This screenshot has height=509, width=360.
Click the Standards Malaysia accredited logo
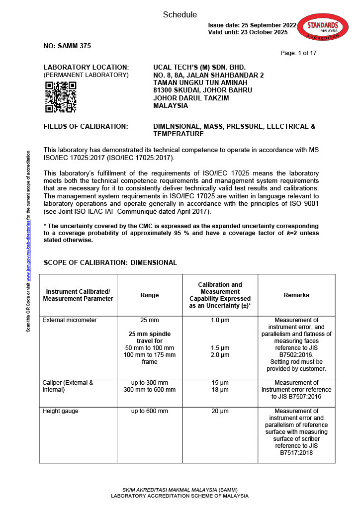(x=323, y=29)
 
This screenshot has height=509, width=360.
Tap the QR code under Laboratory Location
(x=61, y=97)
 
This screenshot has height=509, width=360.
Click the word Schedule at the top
(x=180, y=15)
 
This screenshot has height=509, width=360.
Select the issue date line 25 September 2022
(x=252, y=25)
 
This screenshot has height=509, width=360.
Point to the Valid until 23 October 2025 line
(x=248, y=32)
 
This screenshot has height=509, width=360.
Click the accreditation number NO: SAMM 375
(x=67, y=46)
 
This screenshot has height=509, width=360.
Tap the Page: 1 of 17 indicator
(x=298, y=53)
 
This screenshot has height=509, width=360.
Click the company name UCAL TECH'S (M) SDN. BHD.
(x=199, y=67)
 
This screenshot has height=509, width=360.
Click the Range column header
(x=150, y=295)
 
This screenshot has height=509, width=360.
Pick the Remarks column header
(x=296, y=295)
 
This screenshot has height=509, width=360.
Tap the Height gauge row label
(x=61, y=411)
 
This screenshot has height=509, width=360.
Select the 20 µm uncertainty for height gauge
(x=220, y=411)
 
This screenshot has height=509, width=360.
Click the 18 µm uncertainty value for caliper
(x=220, y=390)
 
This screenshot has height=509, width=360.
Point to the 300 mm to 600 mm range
(x=150, y=390)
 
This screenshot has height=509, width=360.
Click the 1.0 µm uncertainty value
(x=220, y=320)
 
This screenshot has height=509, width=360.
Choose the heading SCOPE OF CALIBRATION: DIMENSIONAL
(x=110, y=262)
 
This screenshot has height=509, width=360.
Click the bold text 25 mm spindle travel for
(x=150, y=338)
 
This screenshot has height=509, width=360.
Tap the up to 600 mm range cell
(x=150, y=411)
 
